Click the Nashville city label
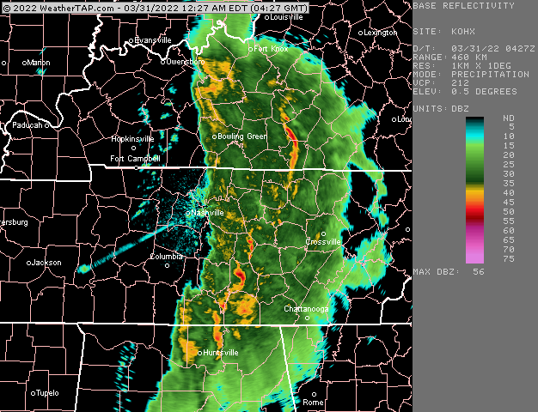coord(207,212)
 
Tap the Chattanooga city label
coord(307,308)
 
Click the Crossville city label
coord(324,242)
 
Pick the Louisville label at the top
coord(285,16)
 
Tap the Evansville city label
coord(153,40)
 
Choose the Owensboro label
coord(185,62)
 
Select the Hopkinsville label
coord(132,138)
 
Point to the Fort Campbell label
coord(135,159)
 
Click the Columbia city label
coord(167,256)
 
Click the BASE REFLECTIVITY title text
coord(464,5)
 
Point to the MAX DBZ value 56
coord(479,271)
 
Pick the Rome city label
coord(313,402)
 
